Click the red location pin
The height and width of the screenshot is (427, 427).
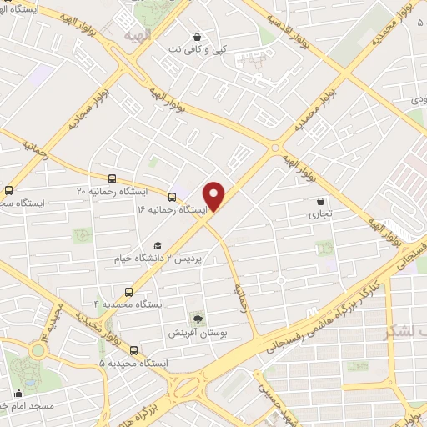coord(215,195)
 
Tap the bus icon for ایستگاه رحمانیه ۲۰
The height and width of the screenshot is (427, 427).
coord(113,178)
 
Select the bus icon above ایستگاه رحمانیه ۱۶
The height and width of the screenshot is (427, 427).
coord(172,198)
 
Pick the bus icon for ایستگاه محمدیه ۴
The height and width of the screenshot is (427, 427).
coord(128,292)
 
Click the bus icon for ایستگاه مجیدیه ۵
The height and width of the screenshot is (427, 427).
coord(133,350)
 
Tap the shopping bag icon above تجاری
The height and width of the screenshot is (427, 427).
coord(321,201)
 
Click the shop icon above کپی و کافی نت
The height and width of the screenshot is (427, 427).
coord(197,37)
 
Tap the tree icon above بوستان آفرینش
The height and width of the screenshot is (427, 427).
coord(198,319)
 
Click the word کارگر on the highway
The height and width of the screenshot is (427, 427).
coord(364,289)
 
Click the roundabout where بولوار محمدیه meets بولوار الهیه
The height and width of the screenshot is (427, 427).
coord(274,148)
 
